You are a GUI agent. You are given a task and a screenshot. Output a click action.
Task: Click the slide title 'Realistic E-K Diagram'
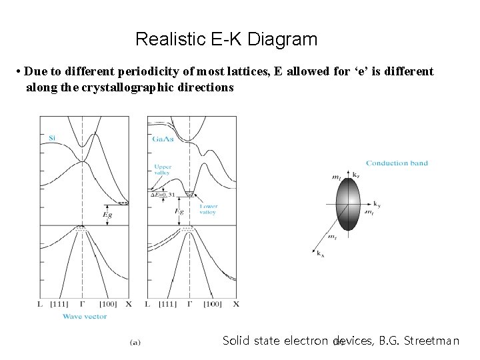pos(226,39)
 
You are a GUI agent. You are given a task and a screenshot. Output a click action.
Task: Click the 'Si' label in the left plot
pos(52,138)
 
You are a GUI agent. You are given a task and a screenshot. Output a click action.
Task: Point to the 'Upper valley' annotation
pos(162,169)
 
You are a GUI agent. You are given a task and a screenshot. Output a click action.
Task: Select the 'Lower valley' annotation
pos(207,209)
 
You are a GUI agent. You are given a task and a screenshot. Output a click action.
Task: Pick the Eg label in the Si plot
pos(107,215)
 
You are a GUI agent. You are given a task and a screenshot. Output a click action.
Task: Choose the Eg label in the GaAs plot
pos(179,211)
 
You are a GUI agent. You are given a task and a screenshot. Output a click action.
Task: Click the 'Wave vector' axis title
pos(85,316)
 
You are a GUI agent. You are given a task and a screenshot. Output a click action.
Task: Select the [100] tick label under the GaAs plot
pos(211,305)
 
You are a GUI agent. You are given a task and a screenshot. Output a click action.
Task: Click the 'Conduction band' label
pos(397,163)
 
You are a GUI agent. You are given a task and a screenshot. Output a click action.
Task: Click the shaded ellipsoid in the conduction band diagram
pos(348,203)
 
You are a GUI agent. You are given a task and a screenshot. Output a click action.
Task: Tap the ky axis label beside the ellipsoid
pos(377,203)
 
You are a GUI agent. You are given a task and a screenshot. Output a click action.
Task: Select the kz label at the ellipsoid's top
pos(355,174)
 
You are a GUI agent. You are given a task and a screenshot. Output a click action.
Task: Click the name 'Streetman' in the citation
pos(434,341)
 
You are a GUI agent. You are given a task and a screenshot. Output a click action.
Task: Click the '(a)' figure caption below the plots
pos(135,342)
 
